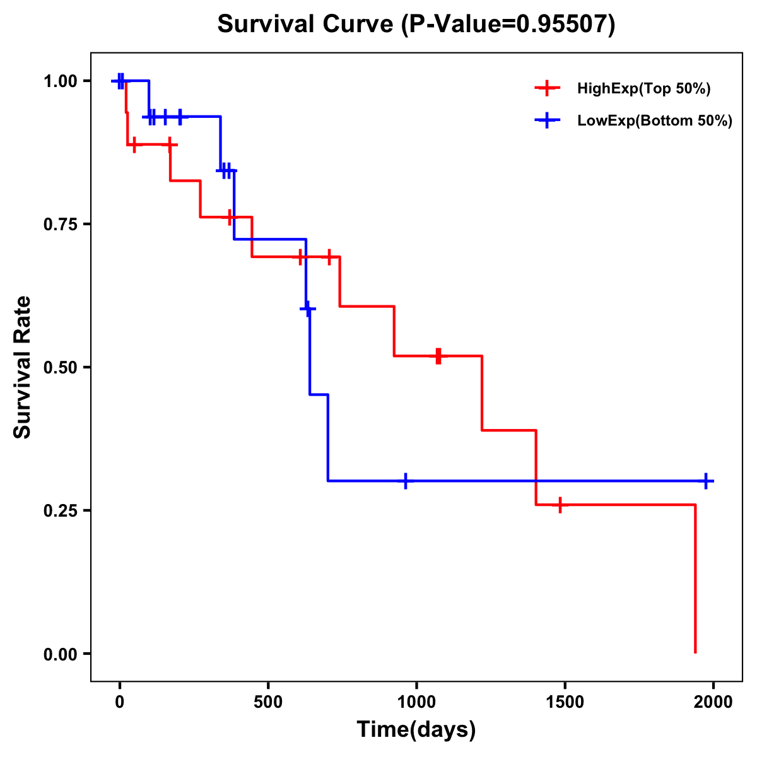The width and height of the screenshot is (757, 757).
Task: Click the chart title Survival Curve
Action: pos(416,24)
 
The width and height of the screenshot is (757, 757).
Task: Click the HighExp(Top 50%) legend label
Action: pos(643,89)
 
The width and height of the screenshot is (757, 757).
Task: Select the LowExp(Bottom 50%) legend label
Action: pos(655,121)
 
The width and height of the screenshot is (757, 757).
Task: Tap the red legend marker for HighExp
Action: pos(547,88)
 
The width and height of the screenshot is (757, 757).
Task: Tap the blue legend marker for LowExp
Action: pos(547,121)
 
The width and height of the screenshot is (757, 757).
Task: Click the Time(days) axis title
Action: pos(416,729)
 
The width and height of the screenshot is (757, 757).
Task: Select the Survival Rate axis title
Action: pos(23,367)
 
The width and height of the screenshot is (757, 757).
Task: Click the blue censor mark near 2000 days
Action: pos(706,481)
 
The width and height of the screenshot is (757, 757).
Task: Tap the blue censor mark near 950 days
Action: pos(406,481)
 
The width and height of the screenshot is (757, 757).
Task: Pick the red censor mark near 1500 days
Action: pos(560,505)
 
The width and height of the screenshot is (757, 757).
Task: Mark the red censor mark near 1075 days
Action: pos(438,356)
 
